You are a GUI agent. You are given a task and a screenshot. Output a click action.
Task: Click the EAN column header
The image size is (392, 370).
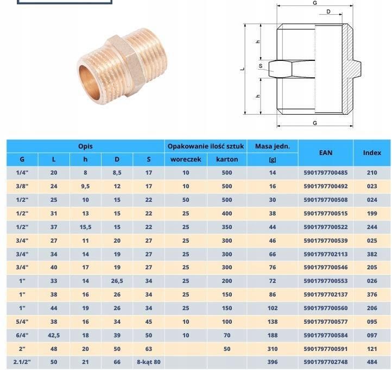pos(326,152)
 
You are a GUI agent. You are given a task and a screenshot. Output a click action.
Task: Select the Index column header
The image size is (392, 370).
pos(372,152)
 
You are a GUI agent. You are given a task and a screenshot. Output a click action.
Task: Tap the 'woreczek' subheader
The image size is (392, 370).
pos(186,159)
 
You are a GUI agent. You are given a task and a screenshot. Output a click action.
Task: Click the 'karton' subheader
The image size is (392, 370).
pos(227,159)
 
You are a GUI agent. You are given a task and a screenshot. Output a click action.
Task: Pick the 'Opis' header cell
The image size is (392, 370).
pos(85,146)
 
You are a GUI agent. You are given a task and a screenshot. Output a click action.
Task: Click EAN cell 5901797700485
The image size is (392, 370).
pos(326,172)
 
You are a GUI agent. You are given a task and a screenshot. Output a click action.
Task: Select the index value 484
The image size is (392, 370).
pos(372,362)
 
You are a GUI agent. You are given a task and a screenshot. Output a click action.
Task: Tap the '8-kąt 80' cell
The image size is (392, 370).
pos(149,362)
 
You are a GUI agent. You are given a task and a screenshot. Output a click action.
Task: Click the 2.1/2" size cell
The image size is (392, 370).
pos(22,362)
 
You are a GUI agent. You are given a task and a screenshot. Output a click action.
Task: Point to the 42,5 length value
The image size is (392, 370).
pos(54,335)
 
